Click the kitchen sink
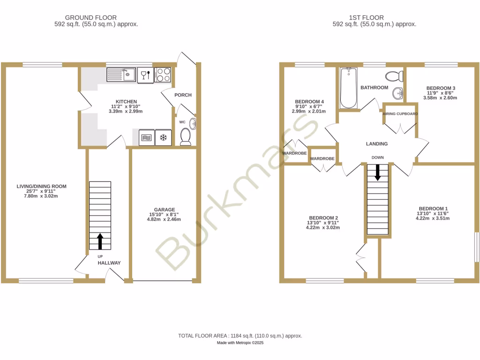pos(121,75)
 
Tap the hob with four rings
pos(163,75)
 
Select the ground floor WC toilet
pos(186,136)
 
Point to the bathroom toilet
pos(392,75)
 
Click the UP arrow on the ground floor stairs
pos(100,241)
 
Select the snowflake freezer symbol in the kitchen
pos(164,137)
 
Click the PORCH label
pos(183,95)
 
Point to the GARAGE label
pos(165,210)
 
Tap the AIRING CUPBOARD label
pos(400,114)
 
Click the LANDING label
pos(377,144)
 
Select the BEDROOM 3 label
pos(441,88)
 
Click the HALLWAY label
pos(109,263)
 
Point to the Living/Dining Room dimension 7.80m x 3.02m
pos(41,196)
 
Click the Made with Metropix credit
pos(240,343)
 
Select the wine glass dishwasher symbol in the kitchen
pos(145,75)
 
